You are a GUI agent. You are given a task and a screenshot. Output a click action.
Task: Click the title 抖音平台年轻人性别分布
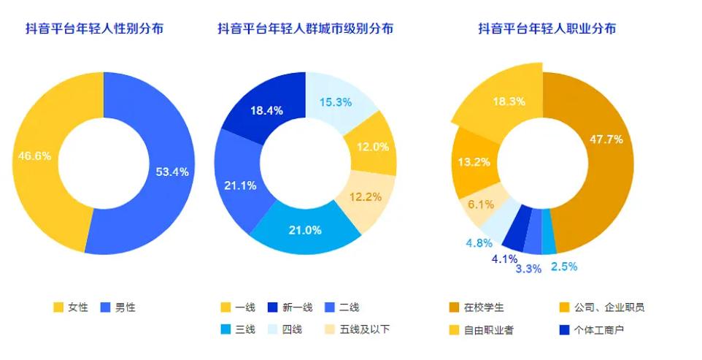[95, 28]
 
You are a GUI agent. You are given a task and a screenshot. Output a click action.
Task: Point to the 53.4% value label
[172, 172]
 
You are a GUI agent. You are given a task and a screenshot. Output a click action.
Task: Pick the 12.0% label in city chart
[372, 146]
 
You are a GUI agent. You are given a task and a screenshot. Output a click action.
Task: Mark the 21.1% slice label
[240, 185]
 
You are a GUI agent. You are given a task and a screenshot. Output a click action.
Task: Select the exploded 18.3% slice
[509, 102]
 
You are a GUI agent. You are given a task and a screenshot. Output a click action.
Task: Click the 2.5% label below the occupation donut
[564, 267]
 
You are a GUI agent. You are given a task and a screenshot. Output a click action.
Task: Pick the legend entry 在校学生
[485, 307]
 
